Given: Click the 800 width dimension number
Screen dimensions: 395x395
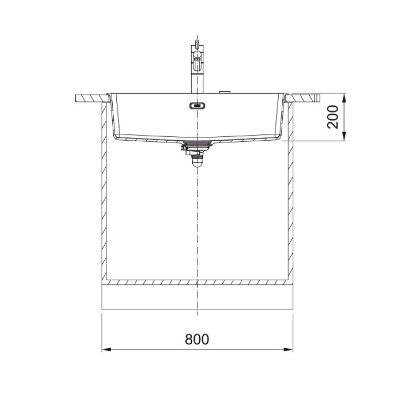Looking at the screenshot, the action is [x=197, y=339].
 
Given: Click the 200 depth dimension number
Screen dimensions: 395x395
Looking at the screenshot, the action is [x=333, y=117].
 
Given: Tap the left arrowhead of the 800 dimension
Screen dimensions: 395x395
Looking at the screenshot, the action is [x=106, y=350].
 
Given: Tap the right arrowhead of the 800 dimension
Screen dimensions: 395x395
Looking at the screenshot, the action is [x=288, y=350].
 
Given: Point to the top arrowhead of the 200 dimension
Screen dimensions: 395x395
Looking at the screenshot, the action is [x=344, y=98].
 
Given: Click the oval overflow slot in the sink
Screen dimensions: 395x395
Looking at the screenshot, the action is [x=197, y=106].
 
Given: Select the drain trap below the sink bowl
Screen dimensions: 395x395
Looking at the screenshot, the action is [x=195, y=154].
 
